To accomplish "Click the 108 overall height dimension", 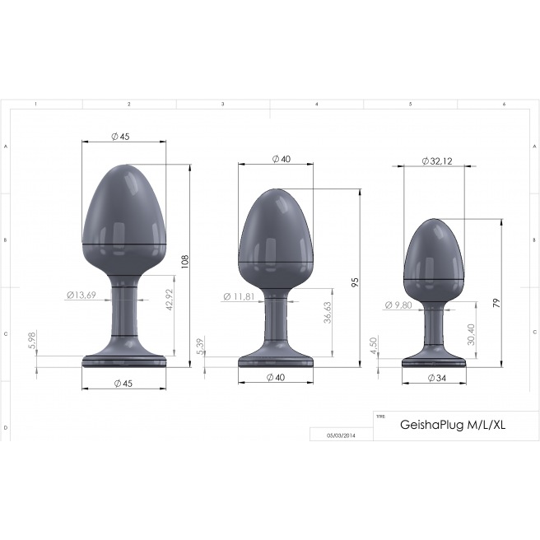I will tap(186, 261).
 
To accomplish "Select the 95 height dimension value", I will tap(356, 282).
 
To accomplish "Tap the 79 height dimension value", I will tap(496, 302).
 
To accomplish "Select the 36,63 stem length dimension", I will tap(327, 315).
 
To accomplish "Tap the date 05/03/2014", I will tap(341, 435).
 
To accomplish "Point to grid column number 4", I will tap(317, 105).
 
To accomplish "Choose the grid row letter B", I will tap(6, 240).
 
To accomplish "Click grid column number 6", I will tap(504, 105).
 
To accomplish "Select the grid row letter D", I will tap(6, 428).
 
